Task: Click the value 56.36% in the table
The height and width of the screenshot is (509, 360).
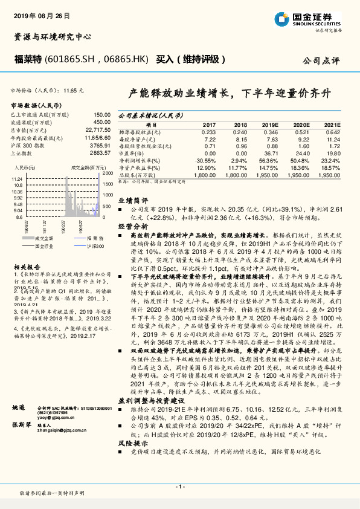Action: coord(269,160)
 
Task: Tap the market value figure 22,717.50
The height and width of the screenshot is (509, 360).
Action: coord(98,129)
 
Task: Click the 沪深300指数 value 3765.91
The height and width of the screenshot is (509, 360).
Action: coord(100,145)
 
